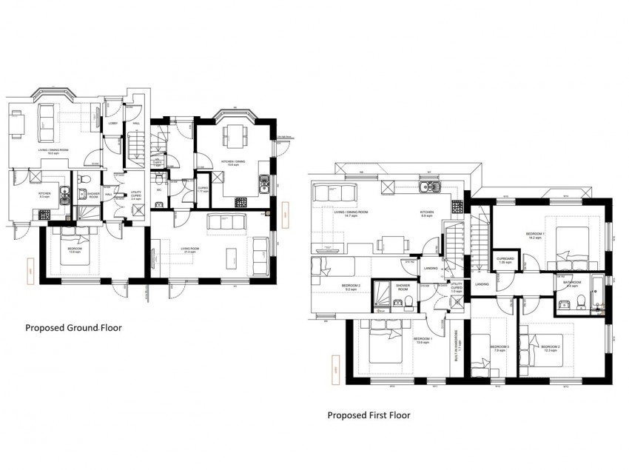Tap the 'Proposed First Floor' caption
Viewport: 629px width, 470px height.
(x=369, y=415)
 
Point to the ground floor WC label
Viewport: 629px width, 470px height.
(x=159, y=189)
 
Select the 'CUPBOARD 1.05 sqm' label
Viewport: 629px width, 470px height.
(x=505, y=261)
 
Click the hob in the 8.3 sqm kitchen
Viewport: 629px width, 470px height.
(x=42, y=214)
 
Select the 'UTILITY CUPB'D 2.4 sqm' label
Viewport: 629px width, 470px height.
(x=135, y=197)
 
